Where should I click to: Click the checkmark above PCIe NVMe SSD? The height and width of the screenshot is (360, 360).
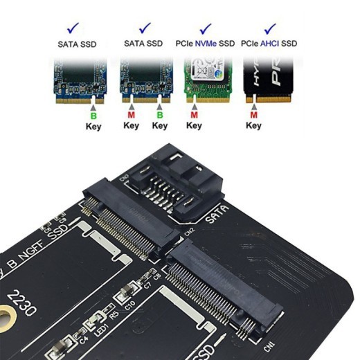pos(206,28)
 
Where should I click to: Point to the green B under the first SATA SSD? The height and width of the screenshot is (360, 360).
pos(93,114)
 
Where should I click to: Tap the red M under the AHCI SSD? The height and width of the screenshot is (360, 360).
pos(254,114)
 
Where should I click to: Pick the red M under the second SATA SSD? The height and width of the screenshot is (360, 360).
pos(131,114)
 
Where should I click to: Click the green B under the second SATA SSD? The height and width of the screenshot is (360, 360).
pos(160,114)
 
